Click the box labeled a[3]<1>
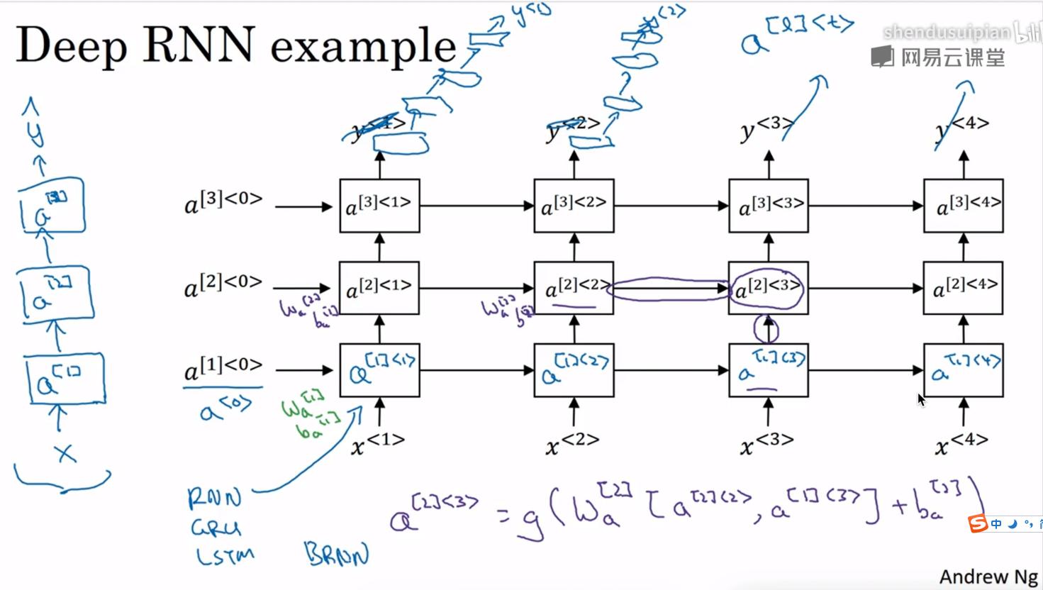[379, 206]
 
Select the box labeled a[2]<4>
[963, 288]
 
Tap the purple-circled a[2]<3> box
[768, 288]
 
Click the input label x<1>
[378, 444]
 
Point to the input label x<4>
[961, 445]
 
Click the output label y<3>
[766, 128]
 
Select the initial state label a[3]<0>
[223, 203]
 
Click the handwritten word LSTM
[225, 555]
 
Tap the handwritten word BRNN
[337, 554]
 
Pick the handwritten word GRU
[216, 528]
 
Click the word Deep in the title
[71, 45]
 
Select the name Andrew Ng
[988, 577]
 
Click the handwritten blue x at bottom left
[65, 453]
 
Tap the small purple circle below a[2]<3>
[766, 329]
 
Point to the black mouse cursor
[921, 399]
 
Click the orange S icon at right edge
[978, 523]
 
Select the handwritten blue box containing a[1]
[65, 381]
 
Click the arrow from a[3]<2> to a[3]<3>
[671, 206]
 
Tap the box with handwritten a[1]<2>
[574, 370]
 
